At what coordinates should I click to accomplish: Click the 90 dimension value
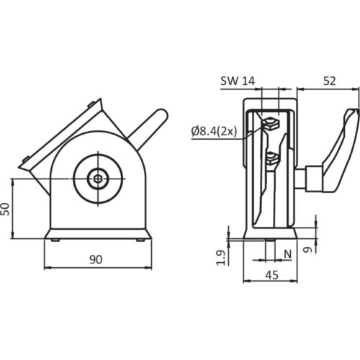click(x=96, y=259)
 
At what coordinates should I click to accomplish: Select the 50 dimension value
click(x=5, y=209)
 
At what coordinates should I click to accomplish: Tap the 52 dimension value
click(x=330, y=81)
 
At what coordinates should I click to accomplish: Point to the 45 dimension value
click(x=272, y=275)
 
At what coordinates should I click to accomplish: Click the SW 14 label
click(x=238, y=81)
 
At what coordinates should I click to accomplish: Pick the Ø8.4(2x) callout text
click(x=214, y=131)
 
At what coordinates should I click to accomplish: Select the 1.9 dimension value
click(x=220, y=258)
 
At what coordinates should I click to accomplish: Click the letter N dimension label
click(x=288, y=254)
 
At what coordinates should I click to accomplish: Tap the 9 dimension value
click(x=307, y=250)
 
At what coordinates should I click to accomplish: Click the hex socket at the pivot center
click(x=98, y=179)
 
